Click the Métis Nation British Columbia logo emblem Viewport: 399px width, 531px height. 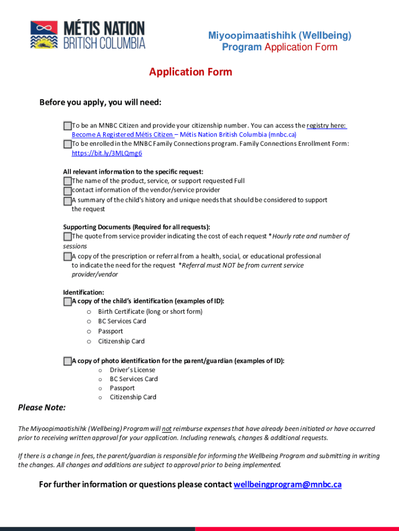coord(44,35)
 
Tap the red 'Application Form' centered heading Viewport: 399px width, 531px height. coord(191,72)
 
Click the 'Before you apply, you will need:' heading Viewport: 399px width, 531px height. coord(101,102)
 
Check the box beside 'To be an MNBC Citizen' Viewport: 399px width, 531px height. coord(67,125)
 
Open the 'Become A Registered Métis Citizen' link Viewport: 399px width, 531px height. coord(122,134)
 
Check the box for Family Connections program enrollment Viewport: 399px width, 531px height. coord(67,144)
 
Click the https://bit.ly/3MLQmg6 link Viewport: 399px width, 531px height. coord(107,153)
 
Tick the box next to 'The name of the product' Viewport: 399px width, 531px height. coord(67,181)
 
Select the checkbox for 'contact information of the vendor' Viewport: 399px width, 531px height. coord(67,190)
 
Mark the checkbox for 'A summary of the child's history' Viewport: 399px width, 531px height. coord(67,200)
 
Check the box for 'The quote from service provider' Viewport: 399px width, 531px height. coord(67,236)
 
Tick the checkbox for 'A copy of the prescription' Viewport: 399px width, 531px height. coord(67,256)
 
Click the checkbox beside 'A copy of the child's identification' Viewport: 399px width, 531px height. coord(67,301)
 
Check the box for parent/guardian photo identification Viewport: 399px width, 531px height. coord(67,361)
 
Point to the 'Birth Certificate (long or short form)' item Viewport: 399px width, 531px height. coord(150,312)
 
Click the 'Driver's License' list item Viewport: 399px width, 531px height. coord(132,370)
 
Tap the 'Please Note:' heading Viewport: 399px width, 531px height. coord(42,408)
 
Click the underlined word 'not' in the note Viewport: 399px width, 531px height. coord(167,429)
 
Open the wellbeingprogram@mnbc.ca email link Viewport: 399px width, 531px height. coord(288,484)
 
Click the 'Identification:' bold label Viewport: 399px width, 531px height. coord(83,292)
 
